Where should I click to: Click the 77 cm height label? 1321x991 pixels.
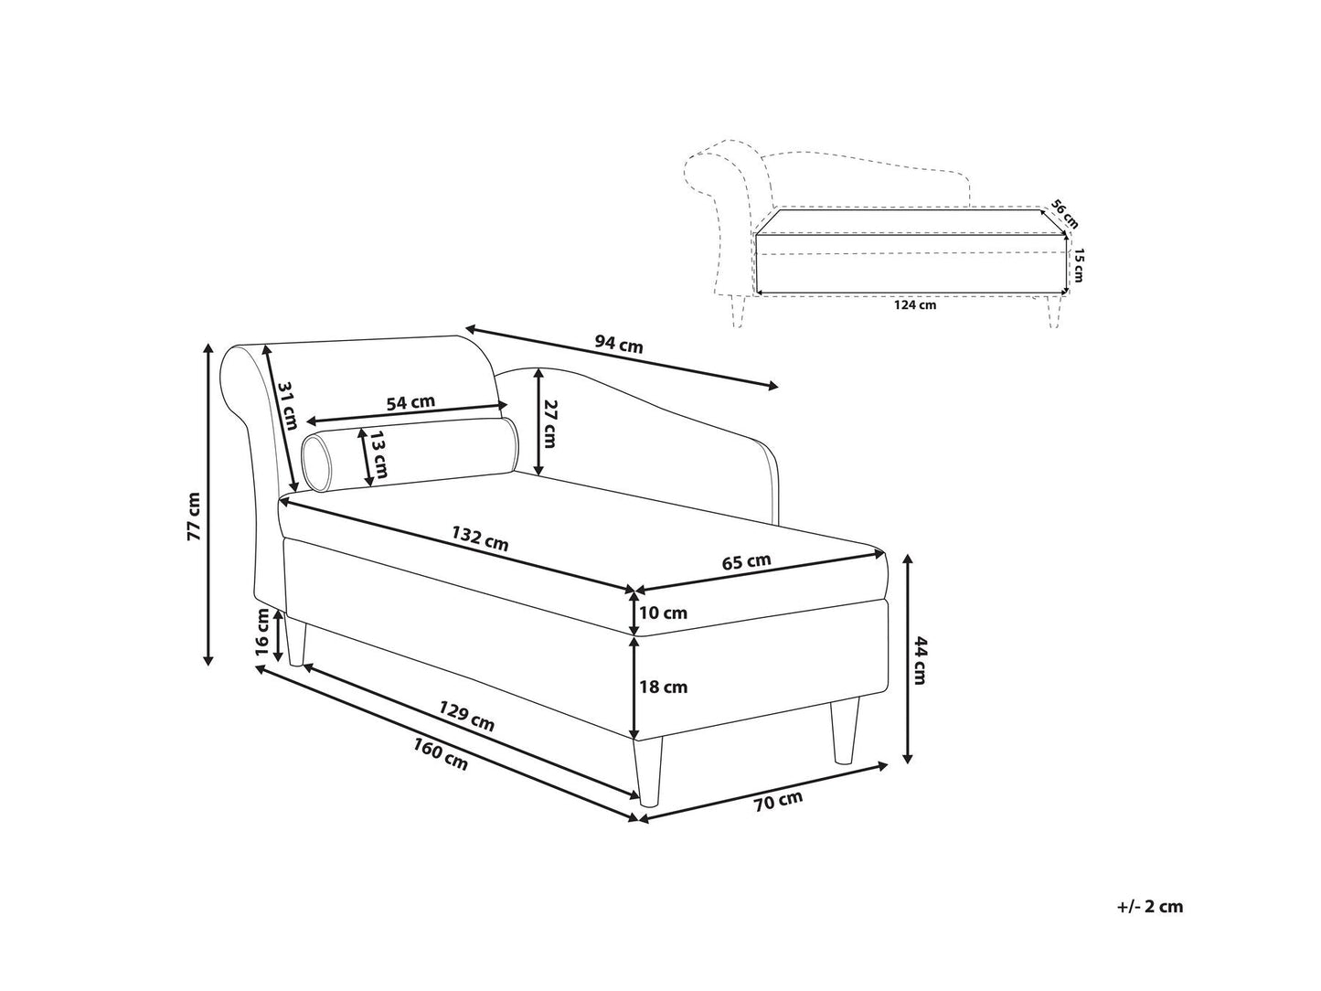194,516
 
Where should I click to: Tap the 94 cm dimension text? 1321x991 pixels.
619,344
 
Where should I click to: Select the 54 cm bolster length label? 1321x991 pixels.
410,402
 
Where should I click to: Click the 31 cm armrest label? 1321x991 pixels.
288,406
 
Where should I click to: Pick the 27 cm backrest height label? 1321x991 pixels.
549,424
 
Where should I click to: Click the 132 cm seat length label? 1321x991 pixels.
480,538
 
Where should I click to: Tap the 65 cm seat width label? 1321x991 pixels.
746,561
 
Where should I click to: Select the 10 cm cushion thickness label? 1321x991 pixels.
663,613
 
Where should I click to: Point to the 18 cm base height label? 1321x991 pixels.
663,687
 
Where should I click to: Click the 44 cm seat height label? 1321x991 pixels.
919,661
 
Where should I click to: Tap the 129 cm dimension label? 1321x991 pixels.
466,716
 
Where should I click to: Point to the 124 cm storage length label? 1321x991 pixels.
915,304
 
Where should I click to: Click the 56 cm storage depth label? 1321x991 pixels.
1064,213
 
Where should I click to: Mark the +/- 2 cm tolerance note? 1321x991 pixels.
1150,923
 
